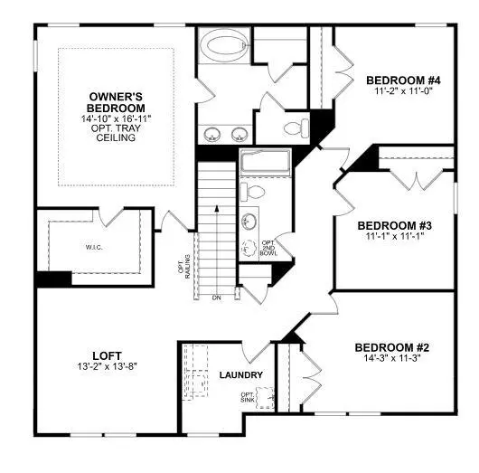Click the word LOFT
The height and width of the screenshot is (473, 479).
(108, 355)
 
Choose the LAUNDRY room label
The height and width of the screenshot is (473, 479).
(241, 375)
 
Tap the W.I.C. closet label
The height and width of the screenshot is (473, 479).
(92, 246)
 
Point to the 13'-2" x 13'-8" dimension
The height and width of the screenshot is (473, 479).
(108, 366)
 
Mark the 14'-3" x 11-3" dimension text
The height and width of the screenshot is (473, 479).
(391, 359)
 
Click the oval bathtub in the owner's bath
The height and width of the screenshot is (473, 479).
(222, 44)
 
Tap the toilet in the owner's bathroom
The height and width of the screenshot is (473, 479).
(294, 124)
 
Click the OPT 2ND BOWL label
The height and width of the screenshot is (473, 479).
(268, 249)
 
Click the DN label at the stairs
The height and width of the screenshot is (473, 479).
(216, 298)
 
